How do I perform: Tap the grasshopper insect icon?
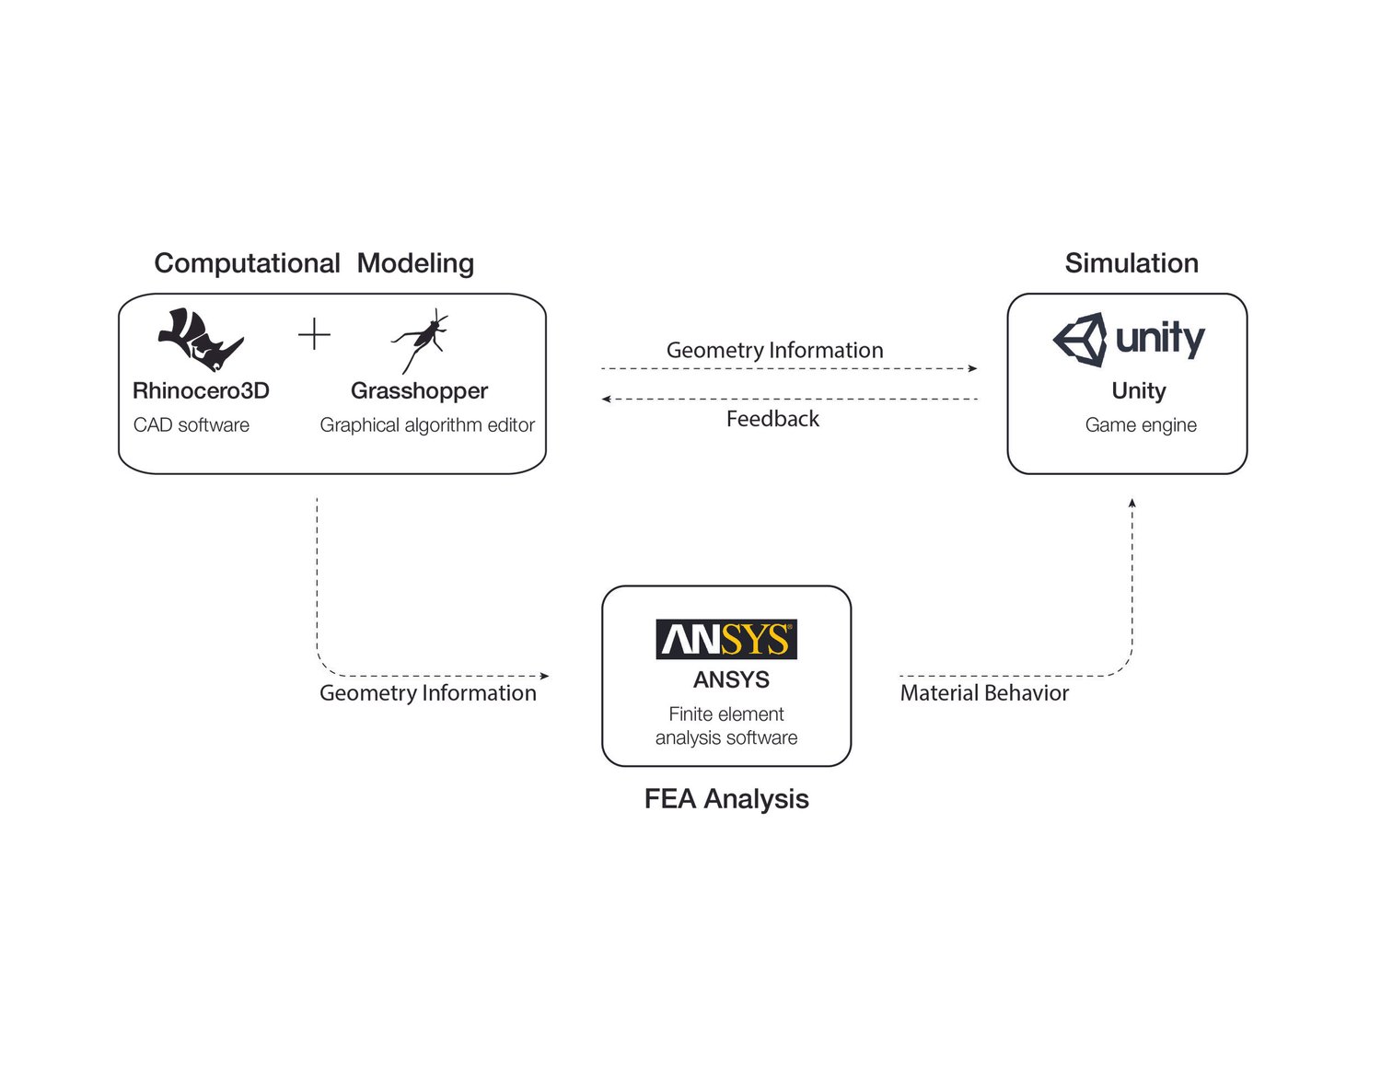[420, 341]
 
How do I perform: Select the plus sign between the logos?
[314, 334]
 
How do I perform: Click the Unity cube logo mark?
[1081, 340]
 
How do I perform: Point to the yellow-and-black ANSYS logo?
[726, 639]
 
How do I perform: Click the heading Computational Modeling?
[314, 263]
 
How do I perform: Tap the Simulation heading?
[1131, 263]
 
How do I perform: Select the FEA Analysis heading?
[726, 799]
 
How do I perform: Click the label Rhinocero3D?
[201, 390]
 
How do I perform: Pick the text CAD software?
[191, 425]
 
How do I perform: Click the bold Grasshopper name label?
[419, 390]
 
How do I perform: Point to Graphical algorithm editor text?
[427, 425]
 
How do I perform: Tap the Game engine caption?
[1141, 425]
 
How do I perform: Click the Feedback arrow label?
[772, 419]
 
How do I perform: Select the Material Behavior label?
[984, 693]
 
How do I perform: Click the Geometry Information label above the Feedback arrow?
[774, 351]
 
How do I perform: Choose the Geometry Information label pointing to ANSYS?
[427, 693]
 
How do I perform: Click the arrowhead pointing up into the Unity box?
[1132, 503]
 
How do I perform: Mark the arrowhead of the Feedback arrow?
[606, 400]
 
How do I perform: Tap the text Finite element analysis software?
[726, 725]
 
